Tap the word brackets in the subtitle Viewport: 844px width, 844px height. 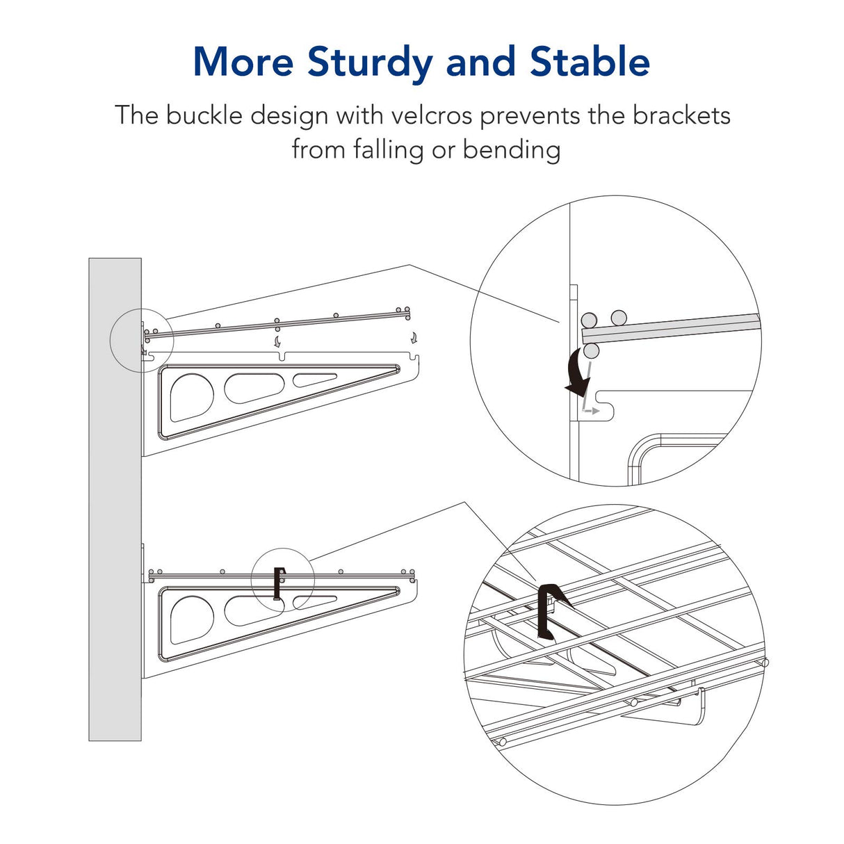tap(681, 115)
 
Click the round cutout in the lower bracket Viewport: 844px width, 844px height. tap(190, 618)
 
